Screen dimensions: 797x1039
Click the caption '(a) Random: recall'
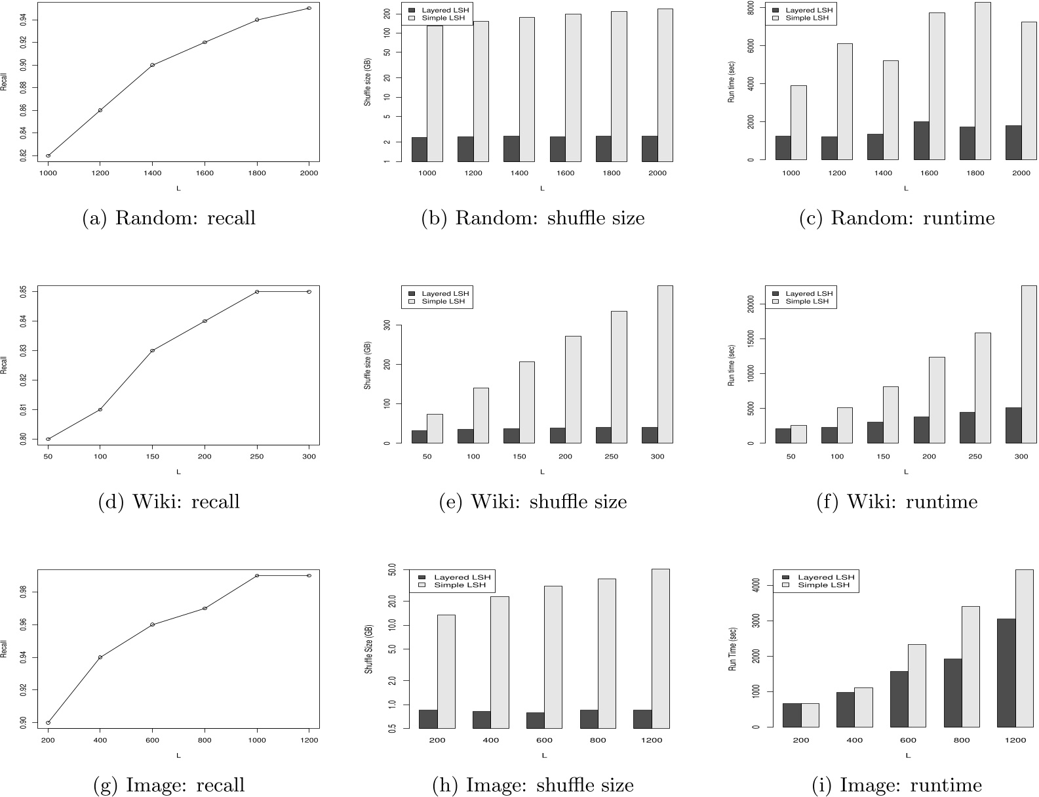pyautogui.click(x=168, y=218)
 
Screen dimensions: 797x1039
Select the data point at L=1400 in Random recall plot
pyautogui.click(x=152, y=65)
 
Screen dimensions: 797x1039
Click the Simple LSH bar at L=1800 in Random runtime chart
pyautogui.click(x=983, y=81)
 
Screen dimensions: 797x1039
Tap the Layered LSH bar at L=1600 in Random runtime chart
pyautogui.click(x=921, y=140)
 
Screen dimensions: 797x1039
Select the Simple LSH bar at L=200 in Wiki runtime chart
pyautogui.click(x=937, y=399)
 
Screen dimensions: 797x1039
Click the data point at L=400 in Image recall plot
pyautogui.click(x=100, y=657)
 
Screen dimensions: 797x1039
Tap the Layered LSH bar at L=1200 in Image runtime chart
pyautogui.click(x=1006, y=673)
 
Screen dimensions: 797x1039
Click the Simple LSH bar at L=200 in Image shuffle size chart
pyautogui.click(x=446, y=671)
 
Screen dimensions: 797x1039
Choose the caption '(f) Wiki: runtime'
pyautogui.click(x=897, y=502)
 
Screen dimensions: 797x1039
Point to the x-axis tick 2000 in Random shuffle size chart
pyautogui.click(x=657, y=173)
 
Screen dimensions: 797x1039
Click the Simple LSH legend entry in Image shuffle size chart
pyautogui.click(x=456, y=584)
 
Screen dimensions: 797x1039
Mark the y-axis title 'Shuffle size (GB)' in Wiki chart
pyautogui.click(x=368, y=364)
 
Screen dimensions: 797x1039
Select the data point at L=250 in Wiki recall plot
pyautogui.click(x=257, y=292)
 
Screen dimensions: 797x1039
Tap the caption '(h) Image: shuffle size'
pyautogui.click(x=533, y=785)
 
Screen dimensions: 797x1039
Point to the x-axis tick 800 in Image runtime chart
pyautogui.click(x=962, y=740)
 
